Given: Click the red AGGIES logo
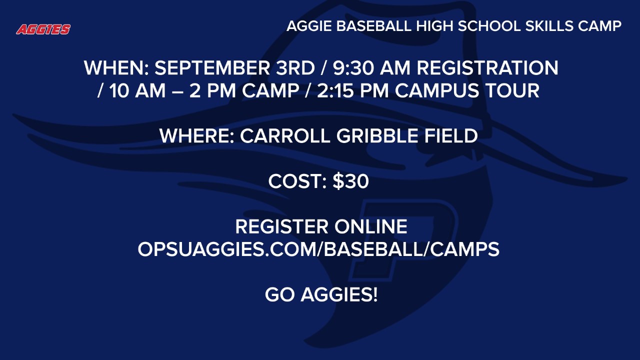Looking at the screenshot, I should click(43, 29).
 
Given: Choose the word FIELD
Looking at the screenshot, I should click(452, 136).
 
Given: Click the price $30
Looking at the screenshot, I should click(351, 181).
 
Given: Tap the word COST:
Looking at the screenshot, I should click(297, 181).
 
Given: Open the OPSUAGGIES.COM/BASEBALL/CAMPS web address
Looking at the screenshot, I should click(318, 249).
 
